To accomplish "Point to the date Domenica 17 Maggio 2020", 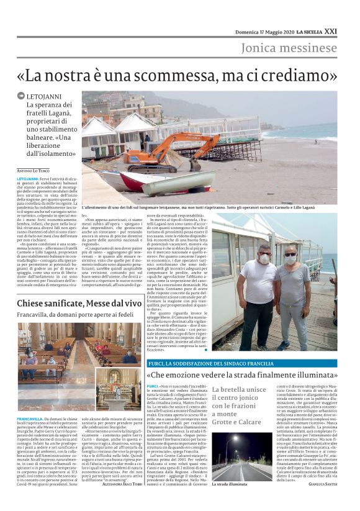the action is click(268, 32).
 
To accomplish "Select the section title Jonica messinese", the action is click(289, 48).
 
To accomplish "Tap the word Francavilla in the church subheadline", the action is click(35, 314).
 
